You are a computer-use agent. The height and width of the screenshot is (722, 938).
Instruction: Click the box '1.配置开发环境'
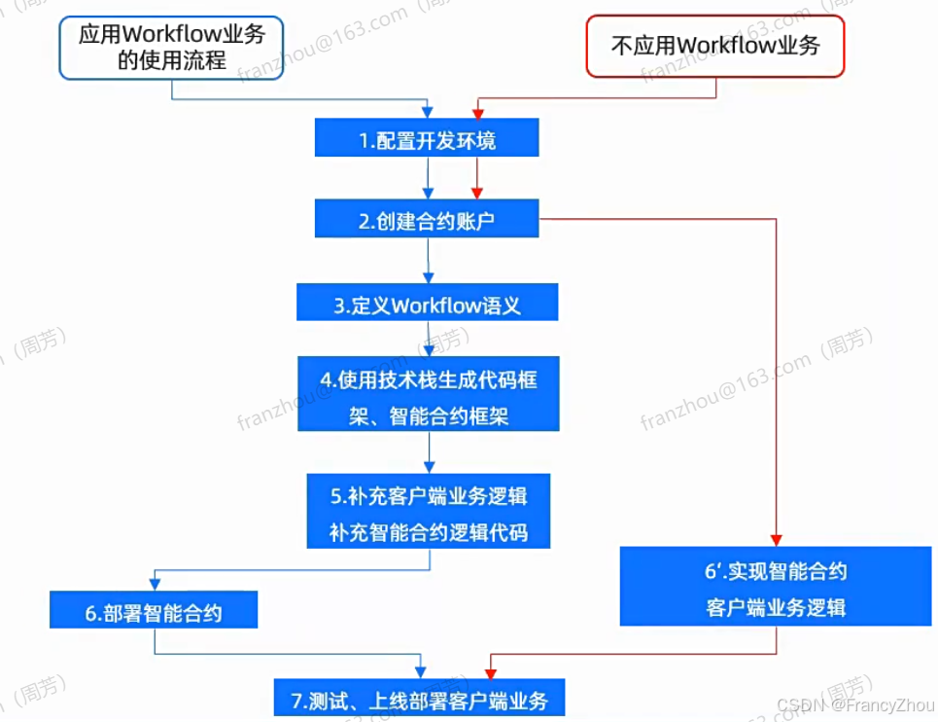(x=427, y=140)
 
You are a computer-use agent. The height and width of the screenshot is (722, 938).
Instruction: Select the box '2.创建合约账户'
(x=427, y=220)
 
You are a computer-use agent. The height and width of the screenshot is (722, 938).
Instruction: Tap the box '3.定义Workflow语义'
(x=427, y=305)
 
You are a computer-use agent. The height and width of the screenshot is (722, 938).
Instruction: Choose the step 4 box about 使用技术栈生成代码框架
(x=429, y=395)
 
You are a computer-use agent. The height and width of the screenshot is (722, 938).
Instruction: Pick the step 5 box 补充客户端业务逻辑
(x=429, y=513)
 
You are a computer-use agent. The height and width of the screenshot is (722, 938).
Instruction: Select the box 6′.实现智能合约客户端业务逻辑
(x=776, y=587)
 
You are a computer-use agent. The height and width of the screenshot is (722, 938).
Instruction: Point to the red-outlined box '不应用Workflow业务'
(x=714, y=46)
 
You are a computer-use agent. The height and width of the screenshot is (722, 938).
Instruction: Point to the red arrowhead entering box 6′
(x=776, y=541)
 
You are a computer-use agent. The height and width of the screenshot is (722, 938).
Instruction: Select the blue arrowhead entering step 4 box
(x=429, y=350)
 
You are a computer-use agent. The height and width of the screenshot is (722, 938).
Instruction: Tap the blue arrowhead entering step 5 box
(x=429, y=467)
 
